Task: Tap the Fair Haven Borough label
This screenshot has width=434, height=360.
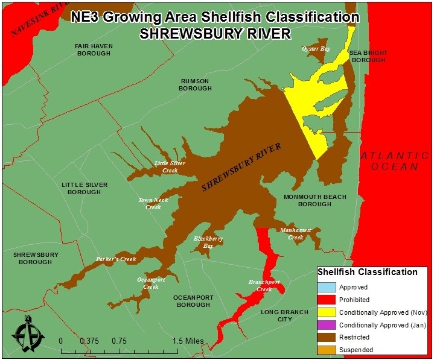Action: click(94, 49)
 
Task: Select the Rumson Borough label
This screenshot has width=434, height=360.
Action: click(195, 84)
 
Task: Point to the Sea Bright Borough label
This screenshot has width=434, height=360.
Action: click(369, 57)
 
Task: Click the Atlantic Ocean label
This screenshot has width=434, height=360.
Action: click(389, 161)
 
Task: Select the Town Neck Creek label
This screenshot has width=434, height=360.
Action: click(153, 203)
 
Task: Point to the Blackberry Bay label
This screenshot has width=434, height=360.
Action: click(208, 242)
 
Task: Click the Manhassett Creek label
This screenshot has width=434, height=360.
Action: click(295, 233)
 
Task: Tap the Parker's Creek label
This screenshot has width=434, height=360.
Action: click(116, 259)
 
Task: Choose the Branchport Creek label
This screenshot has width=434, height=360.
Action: click(264, 285)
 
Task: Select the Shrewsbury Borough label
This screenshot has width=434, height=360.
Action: click(36, 258)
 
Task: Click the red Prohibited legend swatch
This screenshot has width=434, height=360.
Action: click(326, 300)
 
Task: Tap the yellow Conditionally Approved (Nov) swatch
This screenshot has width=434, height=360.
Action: click(326, 312)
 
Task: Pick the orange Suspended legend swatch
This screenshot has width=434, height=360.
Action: click(326, 350)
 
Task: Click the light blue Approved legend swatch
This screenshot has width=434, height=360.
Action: click(326, 287)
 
